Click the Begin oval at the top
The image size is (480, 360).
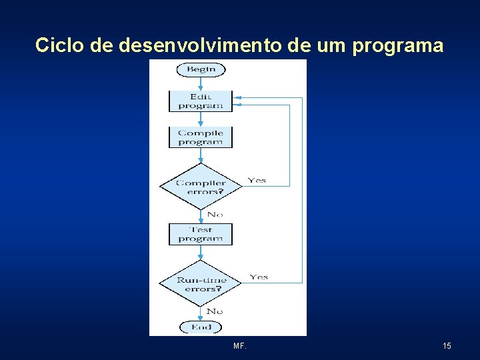[x=201, y=69]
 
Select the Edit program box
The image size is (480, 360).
[x=201, y=101]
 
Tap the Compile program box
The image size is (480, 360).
[x=201, y=137]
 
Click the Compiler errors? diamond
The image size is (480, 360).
[x=201, y=187]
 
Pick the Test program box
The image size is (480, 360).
[x=201, y=234]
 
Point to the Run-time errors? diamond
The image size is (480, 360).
[x=201, y=284]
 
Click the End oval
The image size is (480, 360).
[x=201, y=327]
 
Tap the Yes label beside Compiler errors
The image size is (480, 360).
[x=257, y=180]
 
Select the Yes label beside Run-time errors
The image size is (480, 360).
[x=259, y=277]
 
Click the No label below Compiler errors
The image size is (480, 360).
[x=215, y=215]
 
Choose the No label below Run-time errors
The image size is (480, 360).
[x=215, y=311]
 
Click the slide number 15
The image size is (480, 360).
[x=447, y=346]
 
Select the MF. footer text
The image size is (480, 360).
[x=240, y=346]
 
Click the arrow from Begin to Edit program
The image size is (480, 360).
[x=201, y=84]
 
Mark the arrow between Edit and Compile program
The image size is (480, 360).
[x=201, y=119]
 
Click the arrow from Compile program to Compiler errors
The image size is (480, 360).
[x=201, y=155]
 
